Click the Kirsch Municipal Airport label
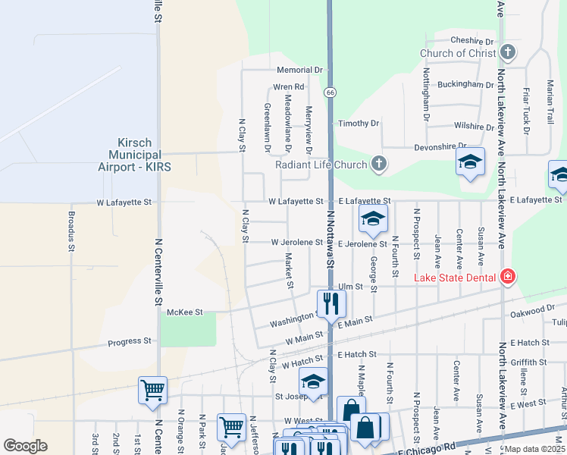(145, 155)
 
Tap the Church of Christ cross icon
(508, 53)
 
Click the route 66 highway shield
(330, 92)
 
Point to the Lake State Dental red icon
(507, 278)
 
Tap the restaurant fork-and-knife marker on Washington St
(331, 303)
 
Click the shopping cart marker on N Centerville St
(152, 390)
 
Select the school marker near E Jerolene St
(372, 219)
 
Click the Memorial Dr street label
(299, 69)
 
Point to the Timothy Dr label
(359, 124)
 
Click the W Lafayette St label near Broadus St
(124, 203)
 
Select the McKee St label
(185, 312)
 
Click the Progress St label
(129, 341)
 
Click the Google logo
(26, 446)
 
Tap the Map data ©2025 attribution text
(534, 449)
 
